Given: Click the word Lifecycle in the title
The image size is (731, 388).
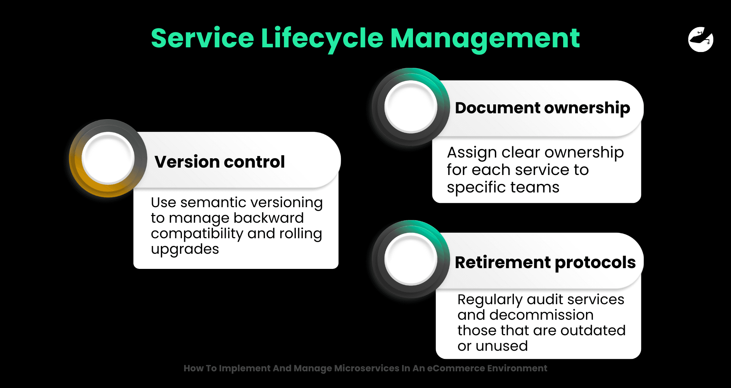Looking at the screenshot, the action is (x=322, y=39).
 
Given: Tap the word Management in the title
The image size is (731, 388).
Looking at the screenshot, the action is (x=485, y=39).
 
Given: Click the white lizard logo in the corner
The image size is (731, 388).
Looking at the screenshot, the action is (x=701, y=39).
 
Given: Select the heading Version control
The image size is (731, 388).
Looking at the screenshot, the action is (x=219, y=161).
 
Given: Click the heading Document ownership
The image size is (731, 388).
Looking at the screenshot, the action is (x=543, y=108).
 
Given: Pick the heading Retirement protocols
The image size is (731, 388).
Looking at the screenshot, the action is (x=545, y=262).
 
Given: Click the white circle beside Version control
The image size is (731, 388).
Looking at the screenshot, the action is (x=108, y=158).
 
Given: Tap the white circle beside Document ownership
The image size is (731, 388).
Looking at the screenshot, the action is (x=411, y=107).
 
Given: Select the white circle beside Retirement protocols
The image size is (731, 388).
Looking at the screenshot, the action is (x=411, y=259).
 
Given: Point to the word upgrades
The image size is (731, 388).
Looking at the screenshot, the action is (x=185, y=249).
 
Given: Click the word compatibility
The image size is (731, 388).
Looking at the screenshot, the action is (x=197, y=234).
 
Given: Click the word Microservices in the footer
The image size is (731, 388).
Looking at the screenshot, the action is (x=366, y=368).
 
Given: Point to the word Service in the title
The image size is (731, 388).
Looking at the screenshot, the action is (x=202, y=39).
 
